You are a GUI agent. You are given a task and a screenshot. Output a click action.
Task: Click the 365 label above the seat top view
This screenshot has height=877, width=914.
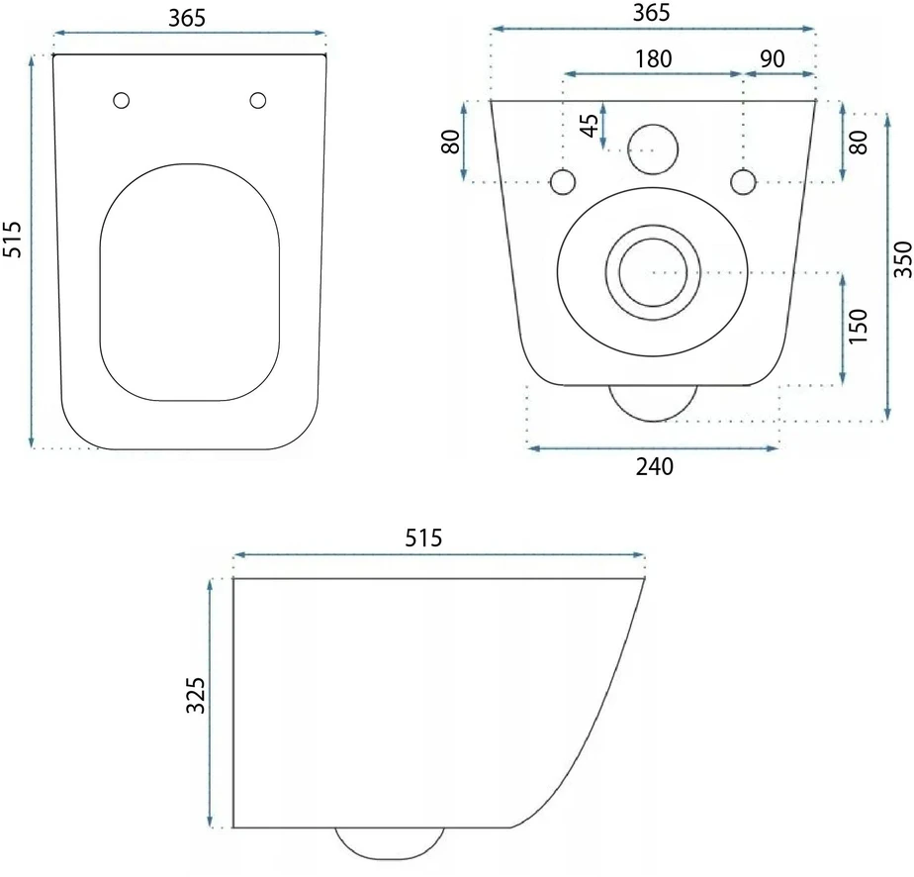[x=187, y=18]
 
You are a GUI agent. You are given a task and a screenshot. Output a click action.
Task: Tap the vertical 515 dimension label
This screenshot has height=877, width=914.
[x=12, y=240]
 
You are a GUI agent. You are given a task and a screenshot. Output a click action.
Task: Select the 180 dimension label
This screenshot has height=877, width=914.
[x=654, y=58]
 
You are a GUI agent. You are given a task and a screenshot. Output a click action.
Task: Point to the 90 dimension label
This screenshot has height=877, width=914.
[x=773, y=58]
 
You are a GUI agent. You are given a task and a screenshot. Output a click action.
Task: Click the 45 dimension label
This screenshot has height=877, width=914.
[x=590, y=126]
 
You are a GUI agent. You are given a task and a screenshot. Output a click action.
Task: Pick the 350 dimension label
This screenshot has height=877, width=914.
[x=903, y=259]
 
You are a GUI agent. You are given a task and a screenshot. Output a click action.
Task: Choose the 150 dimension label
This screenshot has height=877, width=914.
[x=858, y=326]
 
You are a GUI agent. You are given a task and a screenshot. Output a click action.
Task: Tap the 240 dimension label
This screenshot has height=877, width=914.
[x=655, y=466]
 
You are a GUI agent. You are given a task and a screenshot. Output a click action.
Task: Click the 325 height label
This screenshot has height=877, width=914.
[x=196, y=695]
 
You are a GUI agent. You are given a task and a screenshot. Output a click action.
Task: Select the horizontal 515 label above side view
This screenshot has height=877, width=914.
[x=423, y=537]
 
